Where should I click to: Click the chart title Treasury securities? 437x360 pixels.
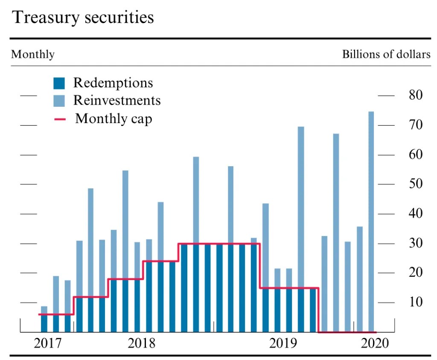pyautogui.click(x=83, y=18)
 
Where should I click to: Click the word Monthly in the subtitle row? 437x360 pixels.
pyautogui.click(x=33, y=55)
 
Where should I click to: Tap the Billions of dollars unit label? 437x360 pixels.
pyautogui.click(x=386, y=55)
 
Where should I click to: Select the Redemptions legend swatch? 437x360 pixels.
pyautogui.click(x=59, y=83)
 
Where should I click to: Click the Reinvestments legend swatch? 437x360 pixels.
pyautogui.click(x=59, y=101)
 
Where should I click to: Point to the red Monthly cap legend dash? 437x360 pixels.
pyautogui.click(x=60, y=119)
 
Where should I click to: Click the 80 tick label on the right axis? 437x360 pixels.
pyautogui.click(x=414, y=95)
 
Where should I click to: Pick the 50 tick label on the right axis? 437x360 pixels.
pyautogui.click(x=414, y=184)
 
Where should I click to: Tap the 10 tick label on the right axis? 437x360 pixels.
pyautogui.click(x=414, y=302)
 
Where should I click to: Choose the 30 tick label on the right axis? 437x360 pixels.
pyautogui.click(x=414, y=243)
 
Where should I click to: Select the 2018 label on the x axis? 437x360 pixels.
pyautogui.click(x=142, y=343)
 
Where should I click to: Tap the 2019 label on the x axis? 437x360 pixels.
pyautogui.click(x=283, y=343)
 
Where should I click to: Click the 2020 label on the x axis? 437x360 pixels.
pyautogui.click(x=374, y=343)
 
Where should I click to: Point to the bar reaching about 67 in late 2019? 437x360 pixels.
pyautogui.click(x=336, y=231)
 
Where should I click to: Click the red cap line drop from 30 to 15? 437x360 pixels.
pyautogui.click(x=260, y=266)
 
